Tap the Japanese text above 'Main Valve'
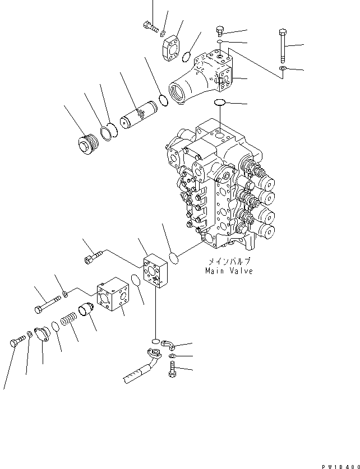point(229,261)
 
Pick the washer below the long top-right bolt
point(283,69)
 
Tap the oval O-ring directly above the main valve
point(220,103)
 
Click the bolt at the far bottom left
point(17,340)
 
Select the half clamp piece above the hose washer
point(168,344)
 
